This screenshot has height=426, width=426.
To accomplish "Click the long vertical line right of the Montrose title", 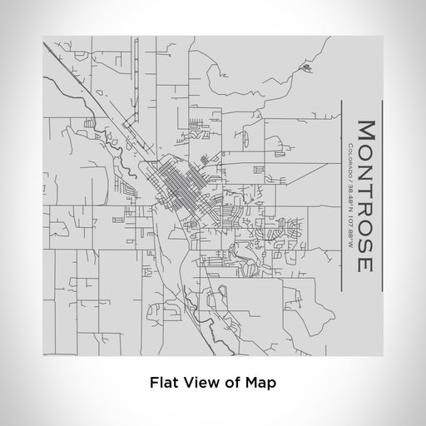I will [x=381, y=196].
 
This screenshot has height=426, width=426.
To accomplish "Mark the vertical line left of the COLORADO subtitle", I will [x=339, y=196].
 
